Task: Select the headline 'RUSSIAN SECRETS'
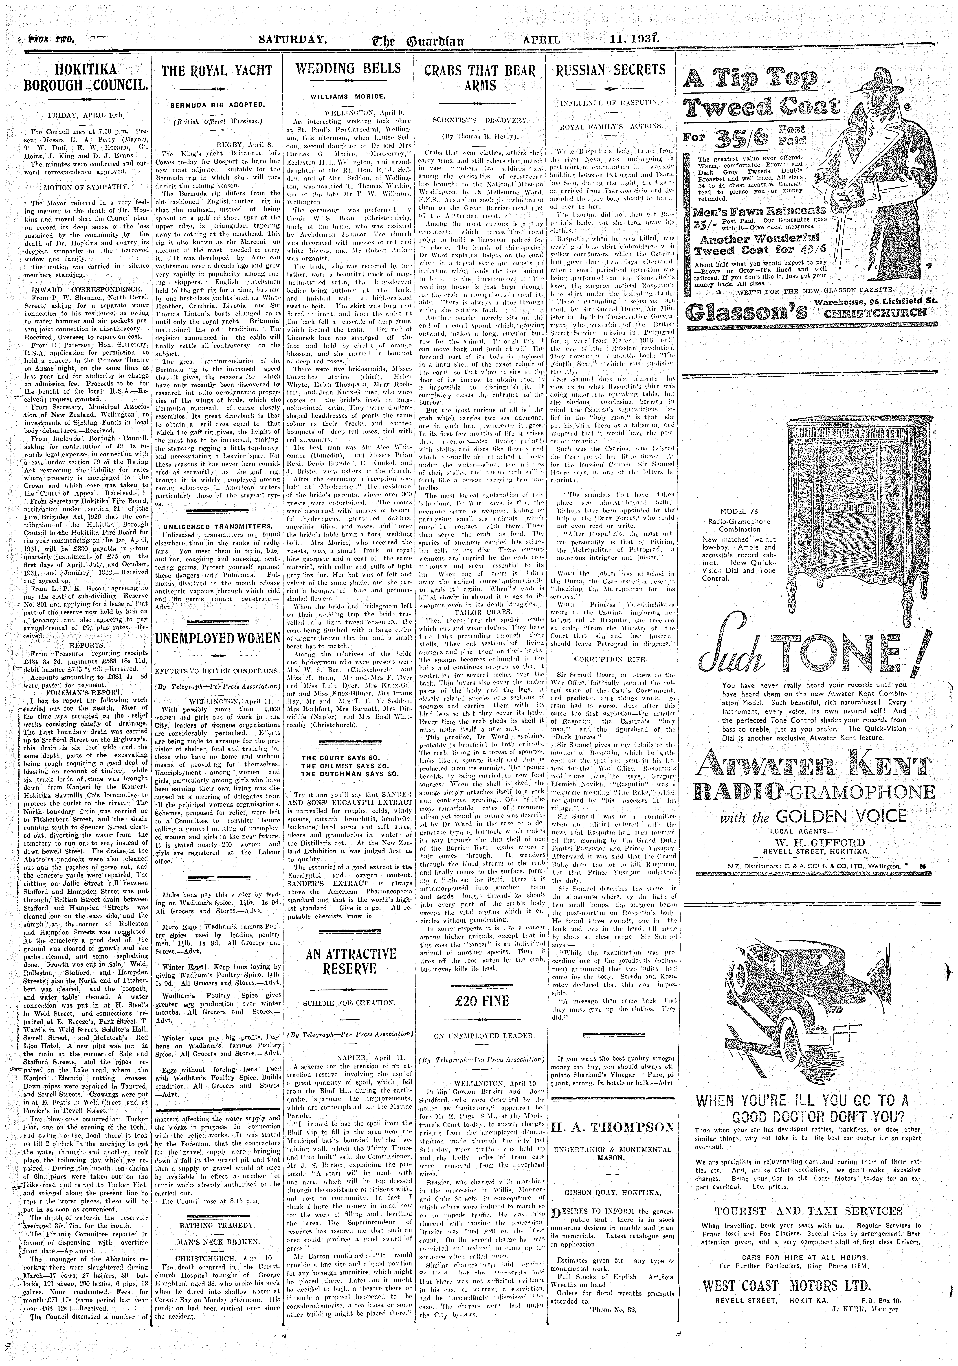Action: coord(610,70)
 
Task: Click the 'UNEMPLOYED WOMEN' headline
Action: coord(217,638)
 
